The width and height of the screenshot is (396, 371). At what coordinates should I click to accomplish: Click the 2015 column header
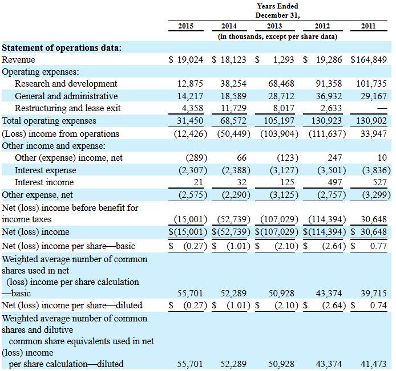click(185, 26)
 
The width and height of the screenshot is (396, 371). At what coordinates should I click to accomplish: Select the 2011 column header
click(373, 26)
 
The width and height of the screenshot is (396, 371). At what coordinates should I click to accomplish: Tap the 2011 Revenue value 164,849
click(369, 59)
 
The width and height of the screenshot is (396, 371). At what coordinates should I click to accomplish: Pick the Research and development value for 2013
click(281, 84)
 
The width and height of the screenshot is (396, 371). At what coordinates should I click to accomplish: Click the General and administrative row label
click(66, 96)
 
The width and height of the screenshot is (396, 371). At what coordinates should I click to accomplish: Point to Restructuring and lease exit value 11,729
click(233, 108)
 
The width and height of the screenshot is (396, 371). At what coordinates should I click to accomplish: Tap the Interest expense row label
click(45, 170)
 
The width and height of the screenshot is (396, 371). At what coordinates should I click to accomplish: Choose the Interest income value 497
click(334, 182)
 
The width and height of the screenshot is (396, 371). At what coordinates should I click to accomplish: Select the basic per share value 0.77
click(378, 246)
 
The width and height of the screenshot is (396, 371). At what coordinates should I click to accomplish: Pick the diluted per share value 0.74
click(378, 305)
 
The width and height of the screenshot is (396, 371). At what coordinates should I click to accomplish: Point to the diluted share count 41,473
click(373, 364)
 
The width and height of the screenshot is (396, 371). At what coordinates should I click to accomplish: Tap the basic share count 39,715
click(373, 293)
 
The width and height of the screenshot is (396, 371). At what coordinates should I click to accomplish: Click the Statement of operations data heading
click(62, 47)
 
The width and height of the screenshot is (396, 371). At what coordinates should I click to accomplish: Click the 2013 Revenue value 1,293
click(284, 59)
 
